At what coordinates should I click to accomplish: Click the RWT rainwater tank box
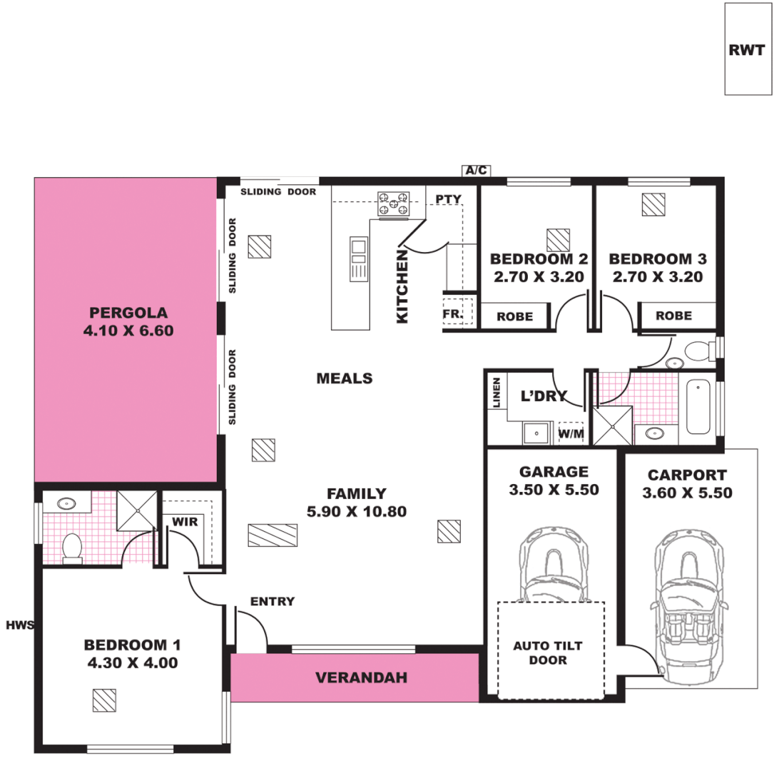point(747,49)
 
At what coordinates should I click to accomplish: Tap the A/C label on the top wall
point(476,171)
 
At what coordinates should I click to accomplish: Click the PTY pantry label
point(449,199)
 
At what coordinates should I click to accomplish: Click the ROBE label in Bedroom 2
point(515,316)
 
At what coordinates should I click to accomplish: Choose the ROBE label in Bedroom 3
point(673,315)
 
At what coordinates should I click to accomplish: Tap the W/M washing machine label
point(570,433)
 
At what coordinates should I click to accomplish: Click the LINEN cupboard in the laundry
point(497,393)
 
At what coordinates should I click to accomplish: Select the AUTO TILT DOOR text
point(548,652)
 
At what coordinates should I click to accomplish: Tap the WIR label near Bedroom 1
point(184,522)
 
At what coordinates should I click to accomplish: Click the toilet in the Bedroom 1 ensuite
point(72,549)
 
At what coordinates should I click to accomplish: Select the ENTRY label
point(272,601)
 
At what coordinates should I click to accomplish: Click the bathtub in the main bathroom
point(698,408)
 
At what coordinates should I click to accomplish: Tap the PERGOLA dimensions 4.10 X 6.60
point(128,331)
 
